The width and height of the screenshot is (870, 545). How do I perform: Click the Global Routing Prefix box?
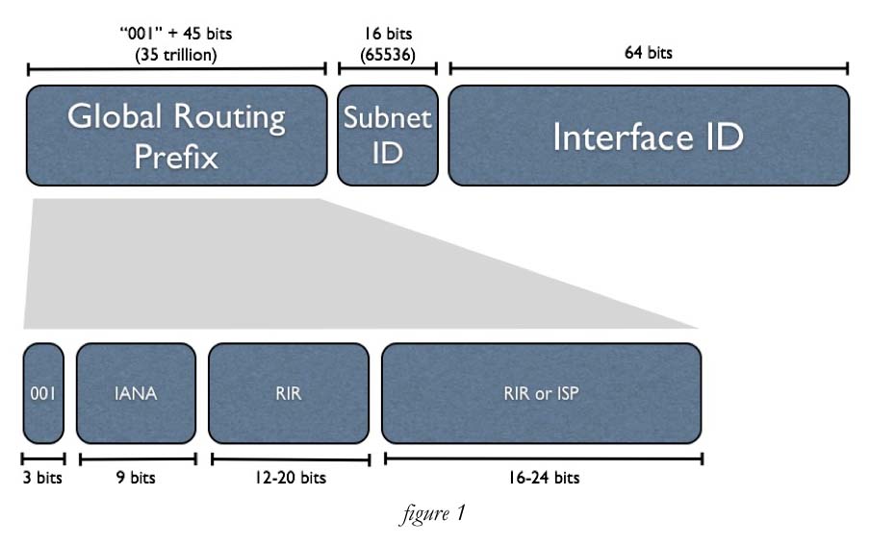[x=177, y=135]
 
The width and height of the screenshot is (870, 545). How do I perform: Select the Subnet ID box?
[x=387, y=135]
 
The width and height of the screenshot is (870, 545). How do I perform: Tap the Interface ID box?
[x=649, y=136]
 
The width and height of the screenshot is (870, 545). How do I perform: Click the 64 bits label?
[x=648, y=53]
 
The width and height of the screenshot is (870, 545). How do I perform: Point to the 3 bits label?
[x=42, y=478]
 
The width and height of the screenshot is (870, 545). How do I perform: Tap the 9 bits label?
[x=136, y=478]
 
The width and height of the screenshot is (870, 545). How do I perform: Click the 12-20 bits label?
[x=290, y=478]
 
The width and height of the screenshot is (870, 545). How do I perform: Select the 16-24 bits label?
[x=542, y=478]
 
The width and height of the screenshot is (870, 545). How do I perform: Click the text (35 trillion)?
[x=177, y=54]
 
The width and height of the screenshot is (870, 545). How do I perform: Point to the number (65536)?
[x=387, y=54]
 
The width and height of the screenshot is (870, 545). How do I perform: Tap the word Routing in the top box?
[x=230, y=117]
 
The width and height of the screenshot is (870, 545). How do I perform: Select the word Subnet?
[x=387, y=119]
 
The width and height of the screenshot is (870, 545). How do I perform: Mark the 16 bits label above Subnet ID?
[x=387, y=34]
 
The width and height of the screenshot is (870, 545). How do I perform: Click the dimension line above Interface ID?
[x=648, y=69]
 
